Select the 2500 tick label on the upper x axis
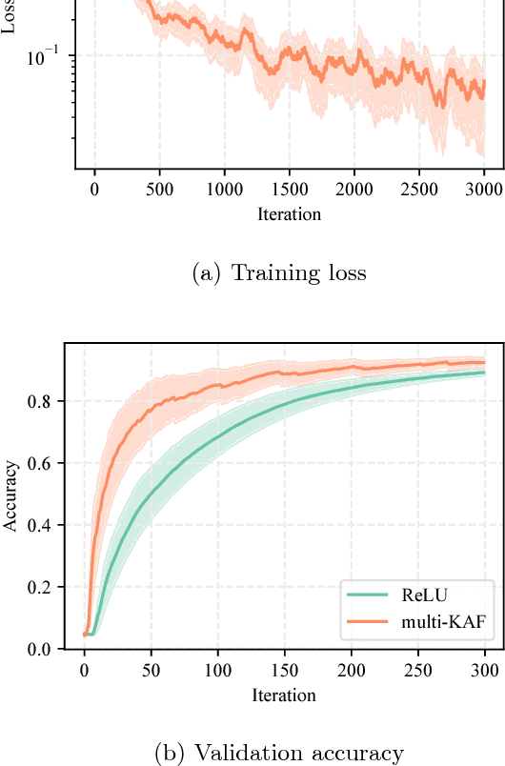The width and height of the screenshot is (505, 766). coord(418,190)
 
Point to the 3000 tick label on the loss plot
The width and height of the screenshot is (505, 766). coord(483,190)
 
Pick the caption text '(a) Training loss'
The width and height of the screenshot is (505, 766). coord(278,273)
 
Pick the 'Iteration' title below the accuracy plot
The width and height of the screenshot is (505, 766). coord(284,695)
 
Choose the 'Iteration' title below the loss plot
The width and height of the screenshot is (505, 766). coord(289,213)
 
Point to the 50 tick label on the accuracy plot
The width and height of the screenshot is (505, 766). coord(151,671)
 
